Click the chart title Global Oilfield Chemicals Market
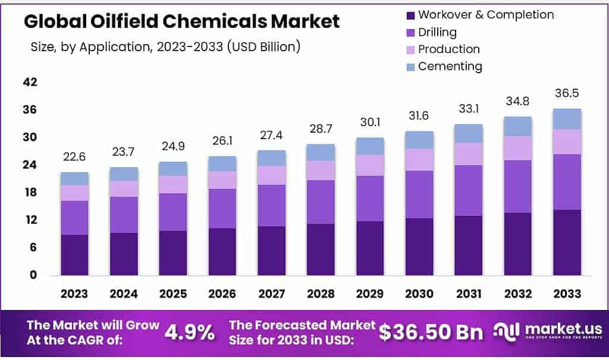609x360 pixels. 181,22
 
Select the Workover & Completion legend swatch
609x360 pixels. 410,15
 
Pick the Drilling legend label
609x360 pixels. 437,32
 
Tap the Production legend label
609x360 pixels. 448,49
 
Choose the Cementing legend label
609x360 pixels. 450,67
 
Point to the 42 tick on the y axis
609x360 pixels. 30,83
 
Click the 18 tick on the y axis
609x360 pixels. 30,193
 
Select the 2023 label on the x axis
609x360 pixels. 74,294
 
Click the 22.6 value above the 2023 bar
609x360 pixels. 74,157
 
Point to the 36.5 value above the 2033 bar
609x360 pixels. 567,93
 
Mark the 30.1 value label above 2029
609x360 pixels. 369,123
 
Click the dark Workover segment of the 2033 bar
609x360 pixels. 567,242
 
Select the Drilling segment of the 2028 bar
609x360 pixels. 321,202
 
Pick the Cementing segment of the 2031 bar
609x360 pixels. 468,133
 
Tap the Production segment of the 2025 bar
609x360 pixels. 172,184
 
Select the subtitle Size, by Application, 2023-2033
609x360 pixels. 165,46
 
